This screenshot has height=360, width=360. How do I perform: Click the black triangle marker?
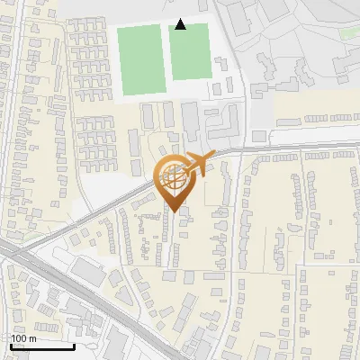point(180,24)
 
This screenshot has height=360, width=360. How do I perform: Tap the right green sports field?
point(190,52)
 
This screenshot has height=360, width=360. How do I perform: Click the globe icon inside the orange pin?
point(173,178)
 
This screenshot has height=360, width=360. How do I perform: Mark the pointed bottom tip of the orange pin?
point(173,212)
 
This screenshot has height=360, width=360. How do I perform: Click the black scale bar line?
point(42,346)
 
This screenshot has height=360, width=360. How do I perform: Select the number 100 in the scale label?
point(21,338)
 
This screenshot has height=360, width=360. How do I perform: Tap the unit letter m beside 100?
point(33,338)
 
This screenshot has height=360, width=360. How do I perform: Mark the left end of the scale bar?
point(11,346)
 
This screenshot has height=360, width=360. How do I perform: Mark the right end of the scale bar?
point(74,346)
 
